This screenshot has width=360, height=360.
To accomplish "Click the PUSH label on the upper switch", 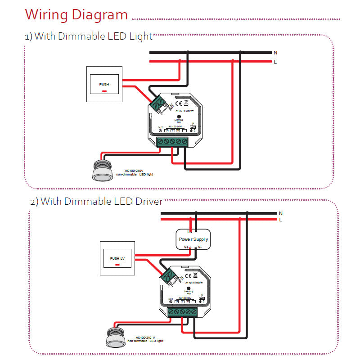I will pyautogui.click(x=104, y=84).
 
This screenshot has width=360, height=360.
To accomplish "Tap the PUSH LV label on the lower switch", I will pyautogui.click(x=117, y=258).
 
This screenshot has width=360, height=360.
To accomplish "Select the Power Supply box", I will pyautogui.click(x=193, y=239).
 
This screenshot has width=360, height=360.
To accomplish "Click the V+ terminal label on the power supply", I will pyautogui.click(x=186, y=247).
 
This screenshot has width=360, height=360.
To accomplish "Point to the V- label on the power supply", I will pyautogui.click(x=200, y=247).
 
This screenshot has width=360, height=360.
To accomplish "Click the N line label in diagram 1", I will pyautogui.click(x=275, y=53).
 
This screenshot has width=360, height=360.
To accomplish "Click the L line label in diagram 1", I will pyautogui.click(x=275, y=62).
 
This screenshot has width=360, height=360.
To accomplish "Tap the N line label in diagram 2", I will pyautogui.click(x=281, y=213).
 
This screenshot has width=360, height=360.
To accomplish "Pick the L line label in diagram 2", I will pyautogui.click(x=281, y=220).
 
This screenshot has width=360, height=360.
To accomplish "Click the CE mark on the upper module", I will pyautogui.click(x=179, y=103).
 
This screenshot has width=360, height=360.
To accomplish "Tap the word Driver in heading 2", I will pyautogui.click(x=148, y=201).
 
